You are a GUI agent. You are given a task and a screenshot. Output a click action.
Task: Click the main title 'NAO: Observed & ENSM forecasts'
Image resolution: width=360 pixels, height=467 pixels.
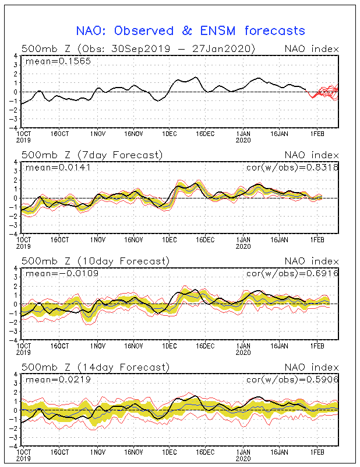pyautogui.click(x=190, y=31)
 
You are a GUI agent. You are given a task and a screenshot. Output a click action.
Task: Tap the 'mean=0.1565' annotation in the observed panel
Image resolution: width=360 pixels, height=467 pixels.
pyautogui.click(x=58, y=61)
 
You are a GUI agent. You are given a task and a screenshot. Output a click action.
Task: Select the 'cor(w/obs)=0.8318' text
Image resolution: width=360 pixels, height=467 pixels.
pyautogui.click(x=292, y=168)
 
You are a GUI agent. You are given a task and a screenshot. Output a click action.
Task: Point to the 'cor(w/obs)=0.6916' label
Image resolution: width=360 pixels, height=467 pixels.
pyautogui.click(x=292, y=274)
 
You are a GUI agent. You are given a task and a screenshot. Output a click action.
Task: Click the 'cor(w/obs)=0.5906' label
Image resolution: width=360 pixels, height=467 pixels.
pyautogui.click(x=292, y=380)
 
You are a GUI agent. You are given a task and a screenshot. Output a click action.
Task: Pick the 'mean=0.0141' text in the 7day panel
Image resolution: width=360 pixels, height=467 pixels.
pyautogui.click(x=58, y=168)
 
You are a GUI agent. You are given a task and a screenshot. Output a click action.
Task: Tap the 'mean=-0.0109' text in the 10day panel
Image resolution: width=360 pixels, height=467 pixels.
pyautogui.click(x=62, y=274)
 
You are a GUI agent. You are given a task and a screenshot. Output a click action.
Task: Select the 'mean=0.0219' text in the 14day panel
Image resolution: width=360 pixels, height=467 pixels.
pyautogui.click(x=58, y=380)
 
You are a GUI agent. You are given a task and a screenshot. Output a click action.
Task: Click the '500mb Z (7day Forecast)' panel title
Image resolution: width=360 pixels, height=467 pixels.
pyautogui.click(x=92, y=155)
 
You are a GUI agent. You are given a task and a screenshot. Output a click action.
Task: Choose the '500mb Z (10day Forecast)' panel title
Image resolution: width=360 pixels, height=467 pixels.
pyautogui.click(x=96, y=261)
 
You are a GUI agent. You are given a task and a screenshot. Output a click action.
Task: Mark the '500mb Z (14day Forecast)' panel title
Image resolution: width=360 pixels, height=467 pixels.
pyautogui.click(x=96, y=367)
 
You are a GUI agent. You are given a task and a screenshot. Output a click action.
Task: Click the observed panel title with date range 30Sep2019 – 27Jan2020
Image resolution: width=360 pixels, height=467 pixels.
pyautogui.click(x=138, y=49)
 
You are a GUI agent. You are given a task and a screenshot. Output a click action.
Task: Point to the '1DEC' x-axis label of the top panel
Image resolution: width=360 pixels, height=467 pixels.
pyautogui.click(x=170, y=134)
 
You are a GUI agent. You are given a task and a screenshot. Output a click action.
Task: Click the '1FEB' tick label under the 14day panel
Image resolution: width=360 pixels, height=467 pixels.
pyautogui.click(x=317, y=452)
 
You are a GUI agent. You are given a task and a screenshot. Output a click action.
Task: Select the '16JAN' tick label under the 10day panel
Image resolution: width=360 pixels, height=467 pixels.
pyautogui.click(x=279, y=346)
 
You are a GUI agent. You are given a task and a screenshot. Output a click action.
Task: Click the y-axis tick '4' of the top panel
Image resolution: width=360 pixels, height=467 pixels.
pyautogui.click(x=16, y=56)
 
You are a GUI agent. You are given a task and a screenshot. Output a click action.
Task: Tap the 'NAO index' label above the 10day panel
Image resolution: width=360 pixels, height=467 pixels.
pyautogui.click(x=312, y=262)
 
